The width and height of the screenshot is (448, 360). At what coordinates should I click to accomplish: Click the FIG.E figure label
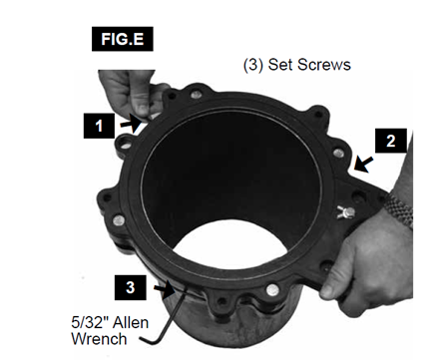pos(123,39)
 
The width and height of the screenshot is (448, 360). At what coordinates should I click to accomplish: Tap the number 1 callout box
pos(99,126)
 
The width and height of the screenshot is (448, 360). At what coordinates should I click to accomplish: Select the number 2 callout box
pos(391,141)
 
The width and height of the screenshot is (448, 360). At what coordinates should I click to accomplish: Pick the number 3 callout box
pos(131,287)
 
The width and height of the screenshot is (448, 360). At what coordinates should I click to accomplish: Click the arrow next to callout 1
pos(131,124)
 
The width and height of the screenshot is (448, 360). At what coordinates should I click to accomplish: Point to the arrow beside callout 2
pos(363,165)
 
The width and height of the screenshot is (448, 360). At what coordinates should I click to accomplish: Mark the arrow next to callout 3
pos(165,288)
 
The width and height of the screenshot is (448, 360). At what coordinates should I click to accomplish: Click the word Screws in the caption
pos(324,64)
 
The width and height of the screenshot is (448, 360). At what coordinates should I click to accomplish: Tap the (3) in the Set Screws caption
pos(253,65)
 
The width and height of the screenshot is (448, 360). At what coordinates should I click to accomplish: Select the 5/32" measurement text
pos(90,322)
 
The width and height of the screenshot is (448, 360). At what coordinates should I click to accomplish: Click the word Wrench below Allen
pos(99,339)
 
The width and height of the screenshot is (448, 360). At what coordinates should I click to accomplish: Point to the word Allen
pos(131,322)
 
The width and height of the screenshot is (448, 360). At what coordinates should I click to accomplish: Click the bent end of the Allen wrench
pos(151,342)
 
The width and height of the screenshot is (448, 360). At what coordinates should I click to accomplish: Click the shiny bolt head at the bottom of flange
pos(272,290)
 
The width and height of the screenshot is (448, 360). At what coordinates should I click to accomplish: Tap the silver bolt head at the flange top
pos(197,95)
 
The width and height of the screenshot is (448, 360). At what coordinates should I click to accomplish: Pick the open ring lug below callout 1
pos(124,144)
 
